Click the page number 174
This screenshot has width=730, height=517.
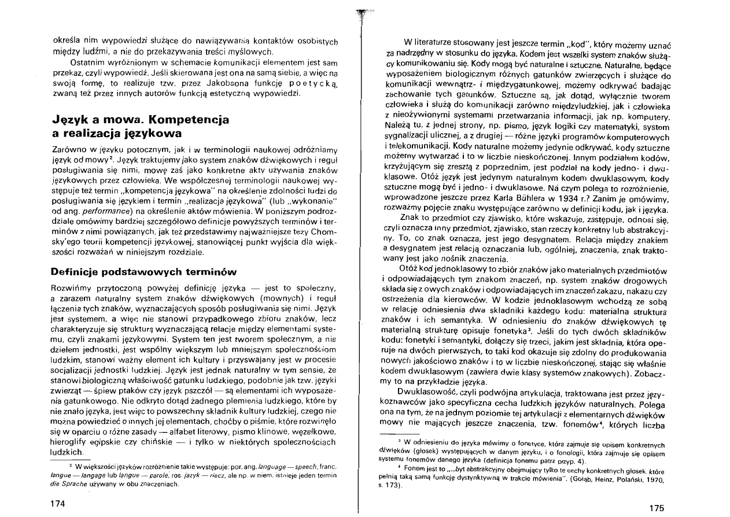point(58,504)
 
